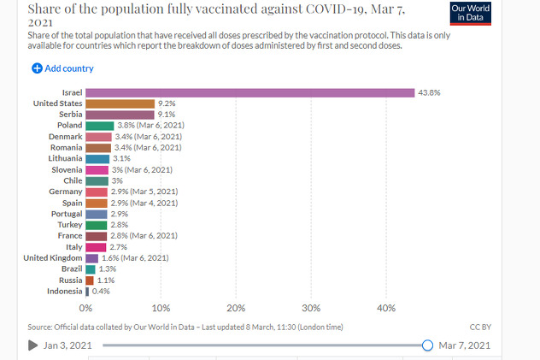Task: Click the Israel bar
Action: click(249, 92)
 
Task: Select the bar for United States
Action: click(120, 103)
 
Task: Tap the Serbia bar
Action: click(120, 115)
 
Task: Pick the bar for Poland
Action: click(100, 126)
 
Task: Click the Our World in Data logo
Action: click(470, 14)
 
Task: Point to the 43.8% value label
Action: click(428, 92)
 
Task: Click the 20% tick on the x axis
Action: click(236, 308)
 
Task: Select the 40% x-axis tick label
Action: click(386, 308)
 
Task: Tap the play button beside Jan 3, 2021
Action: click(32, 345)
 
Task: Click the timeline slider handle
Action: click(427, 345)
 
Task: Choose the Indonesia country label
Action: click(63, 292)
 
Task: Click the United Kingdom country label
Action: click(52, 257)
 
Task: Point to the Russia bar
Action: click(90, 280)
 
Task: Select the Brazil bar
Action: click(91, 269)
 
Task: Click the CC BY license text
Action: click(480, 327)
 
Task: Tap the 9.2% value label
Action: click(167, 103)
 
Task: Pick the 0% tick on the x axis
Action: click(85, 308)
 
